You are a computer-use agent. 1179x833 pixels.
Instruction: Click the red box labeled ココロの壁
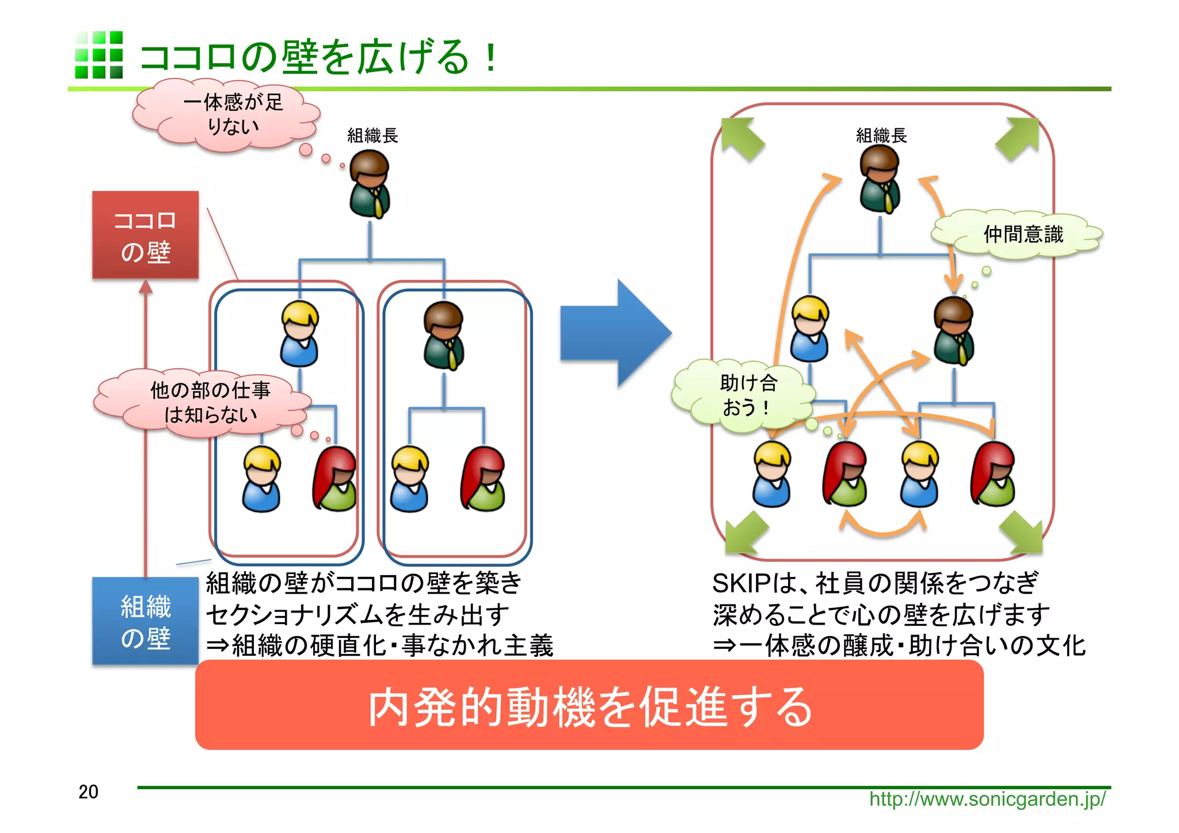coord(145,235)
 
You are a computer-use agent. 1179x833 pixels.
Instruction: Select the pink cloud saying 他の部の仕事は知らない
coord(204,402)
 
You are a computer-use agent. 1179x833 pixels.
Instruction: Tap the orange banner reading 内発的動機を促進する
coord(589,705)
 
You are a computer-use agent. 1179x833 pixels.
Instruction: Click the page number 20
coord(88,792)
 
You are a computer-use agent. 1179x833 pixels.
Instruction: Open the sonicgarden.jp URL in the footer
coord(987,799)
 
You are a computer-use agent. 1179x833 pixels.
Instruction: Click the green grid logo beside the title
coord(98,55)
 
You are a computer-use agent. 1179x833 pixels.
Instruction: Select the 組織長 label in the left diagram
coord(372,136)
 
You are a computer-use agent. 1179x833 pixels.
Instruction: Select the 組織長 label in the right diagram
coord(881,136)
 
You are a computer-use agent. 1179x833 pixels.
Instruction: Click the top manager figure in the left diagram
coord(370,184)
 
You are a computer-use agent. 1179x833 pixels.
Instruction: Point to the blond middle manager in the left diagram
coord(299,334)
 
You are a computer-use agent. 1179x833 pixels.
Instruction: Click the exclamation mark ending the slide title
coord(490,58)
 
